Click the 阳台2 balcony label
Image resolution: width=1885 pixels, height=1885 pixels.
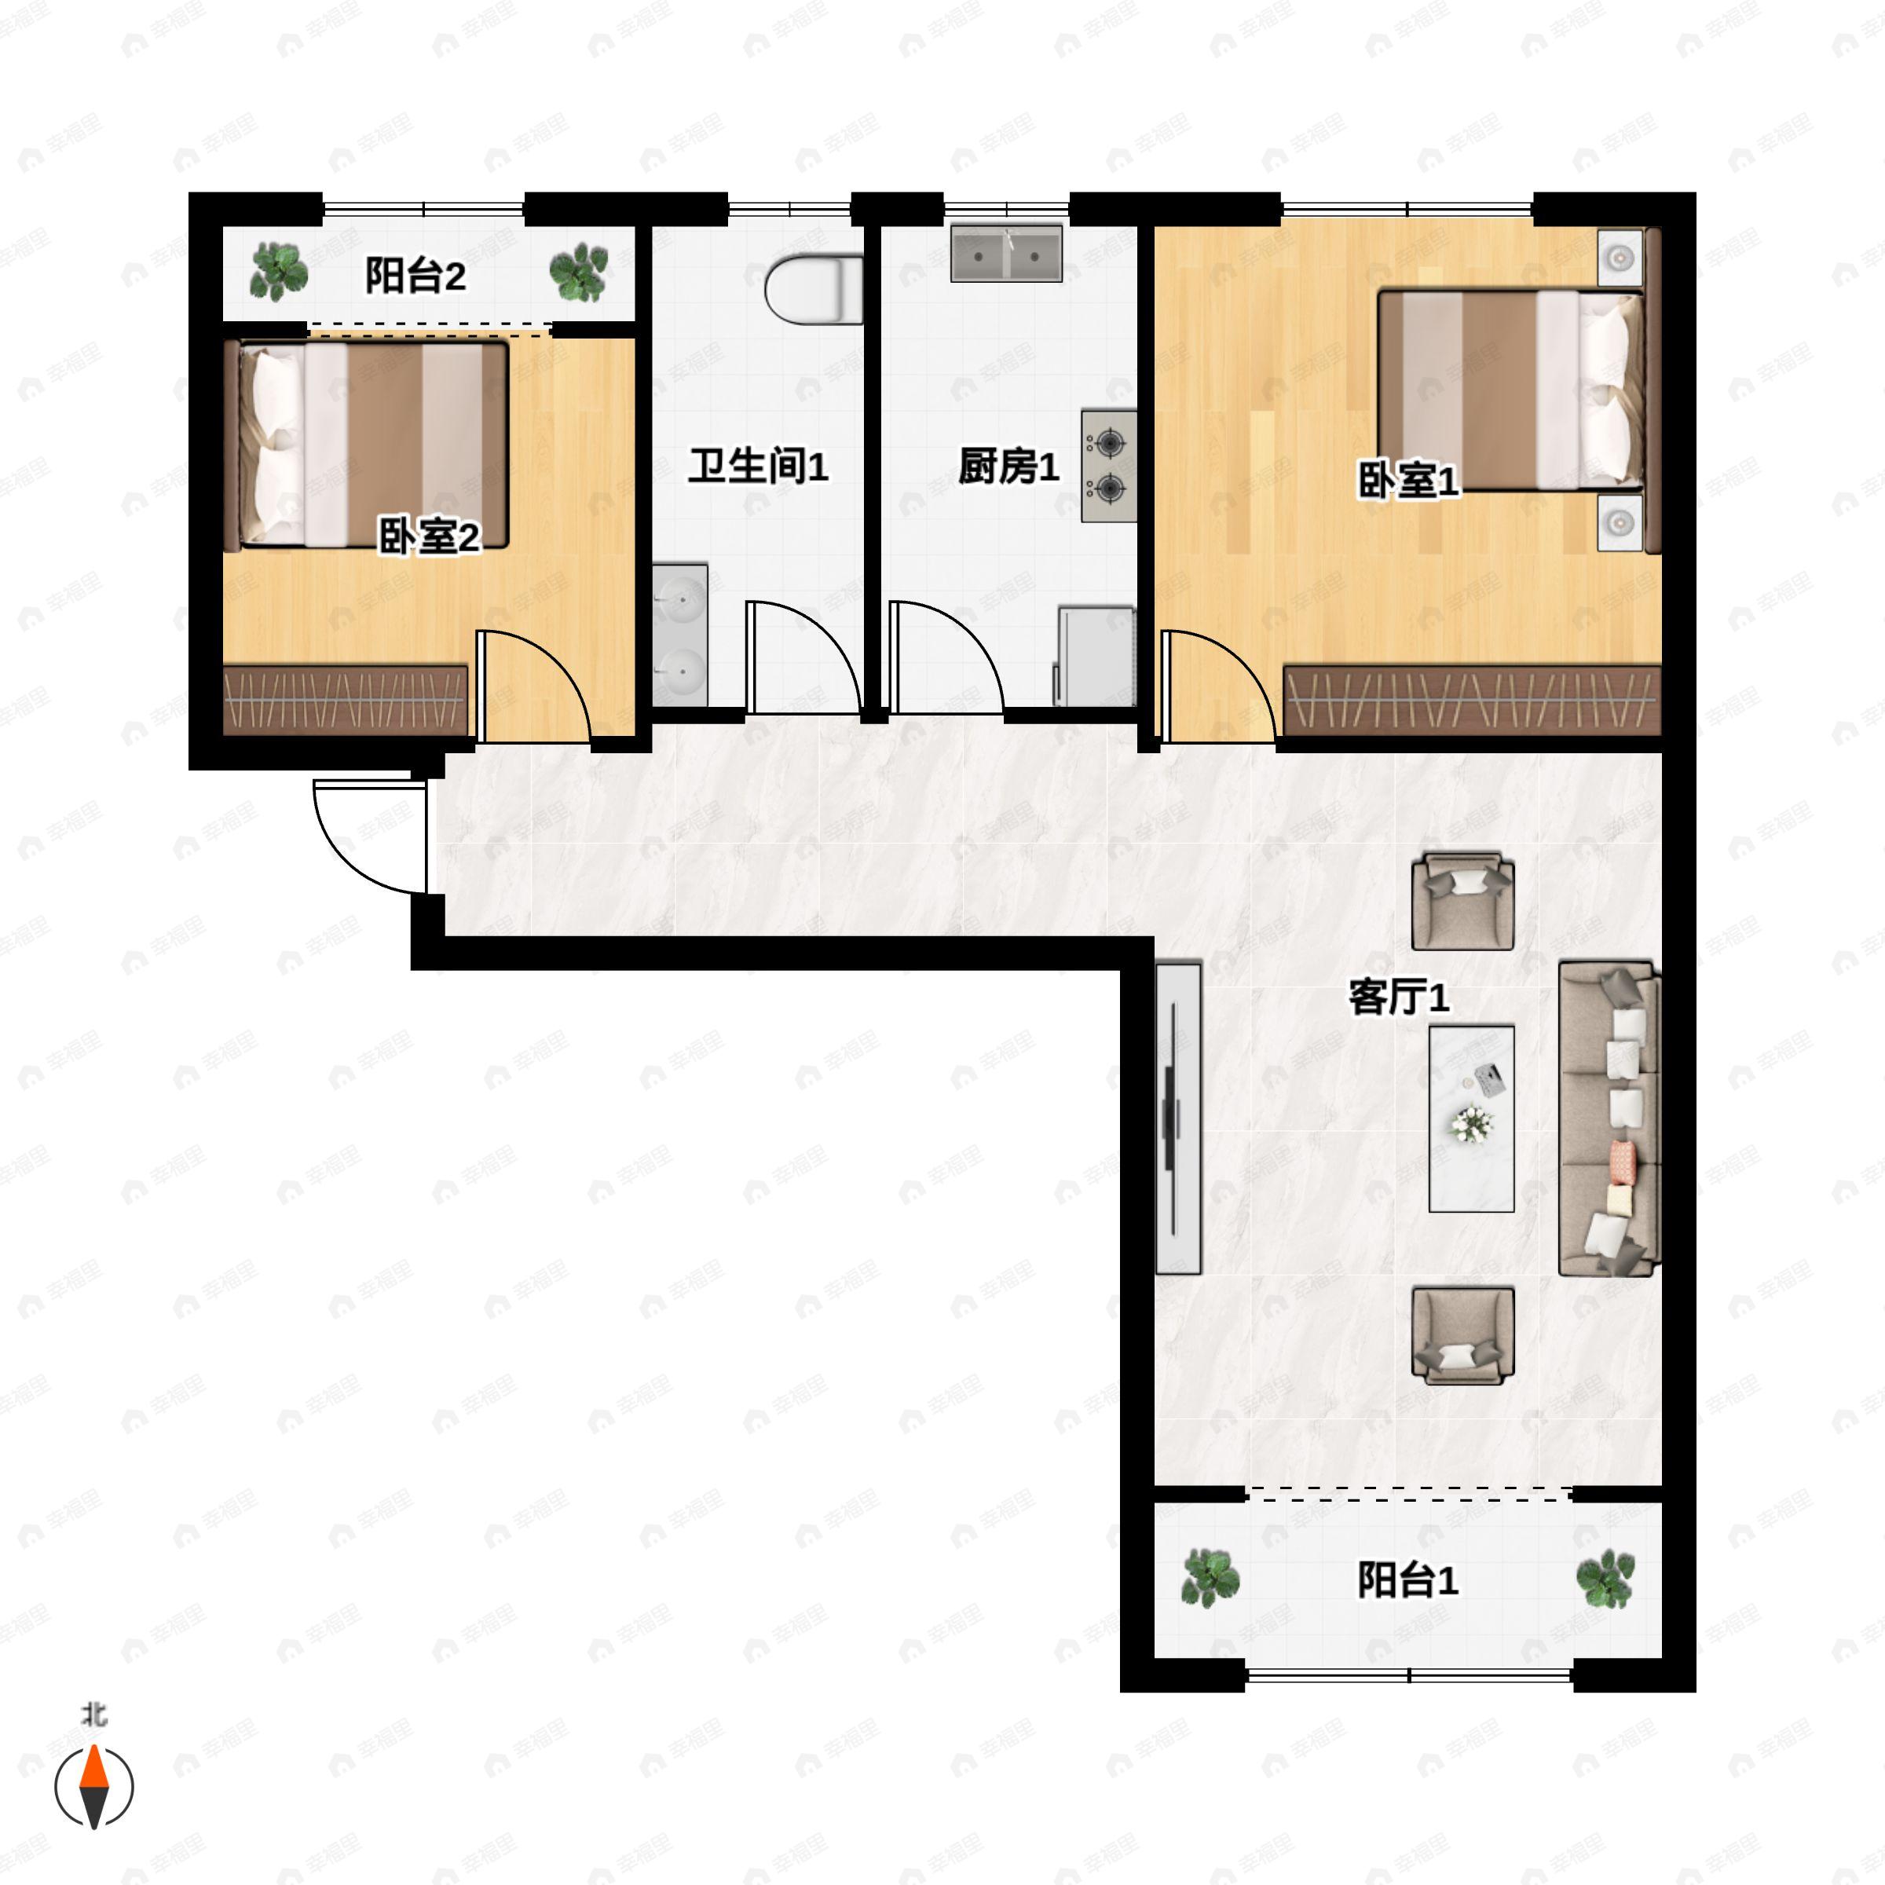click(415, 276)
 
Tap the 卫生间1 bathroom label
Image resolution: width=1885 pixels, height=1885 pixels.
click(758, 466)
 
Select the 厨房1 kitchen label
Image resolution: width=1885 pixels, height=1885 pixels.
click(1008, 467)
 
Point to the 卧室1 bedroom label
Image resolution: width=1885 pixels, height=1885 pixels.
click(1408, 480)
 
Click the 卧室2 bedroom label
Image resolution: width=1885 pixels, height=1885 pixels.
click(430, 536)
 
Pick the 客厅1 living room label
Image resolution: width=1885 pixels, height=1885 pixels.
click(1398, 997)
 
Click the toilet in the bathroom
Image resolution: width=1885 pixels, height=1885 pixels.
click(814, 290)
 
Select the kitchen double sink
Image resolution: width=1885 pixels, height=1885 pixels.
click(1006, 254)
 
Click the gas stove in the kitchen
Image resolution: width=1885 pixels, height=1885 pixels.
click(1108, 466)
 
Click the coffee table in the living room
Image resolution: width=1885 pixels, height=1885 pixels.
click(1471, 1118)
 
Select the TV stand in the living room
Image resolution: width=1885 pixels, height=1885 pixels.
click(1177, 1117)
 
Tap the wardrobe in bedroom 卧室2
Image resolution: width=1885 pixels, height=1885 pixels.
click(346, 701)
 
